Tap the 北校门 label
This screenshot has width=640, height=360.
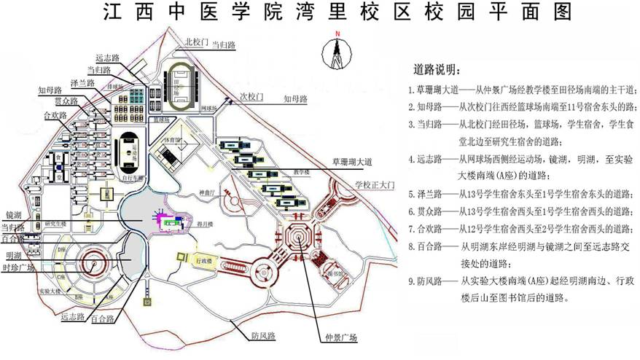coord(196,42)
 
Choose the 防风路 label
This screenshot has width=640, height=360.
coord(263,336)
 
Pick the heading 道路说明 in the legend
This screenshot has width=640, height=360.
coord(437,70)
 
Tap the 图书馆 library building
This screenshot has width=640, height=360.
coord(332,273)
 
